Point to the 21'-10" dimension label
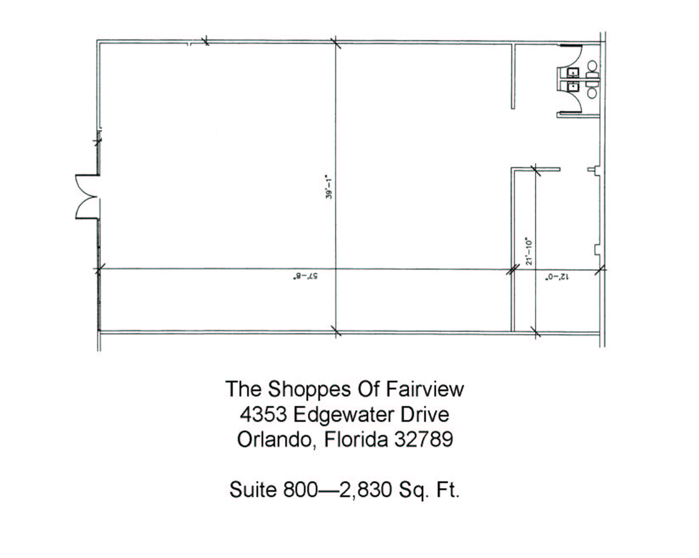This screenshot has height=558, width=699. pyautogui.click(x=529, y=251)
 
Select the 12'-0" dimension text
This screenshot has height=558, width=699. pyautogui.click(x=557, y=278)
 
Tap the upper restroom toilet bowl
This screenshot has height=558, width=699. pyautogui.click(x=592, y=65)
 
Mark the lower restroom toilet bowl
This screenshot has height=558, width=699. pyautogui.click(x=592, y=93)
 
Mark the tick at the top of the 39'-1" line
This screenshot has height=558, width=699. pyautogui.click(x=335, y=43)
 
